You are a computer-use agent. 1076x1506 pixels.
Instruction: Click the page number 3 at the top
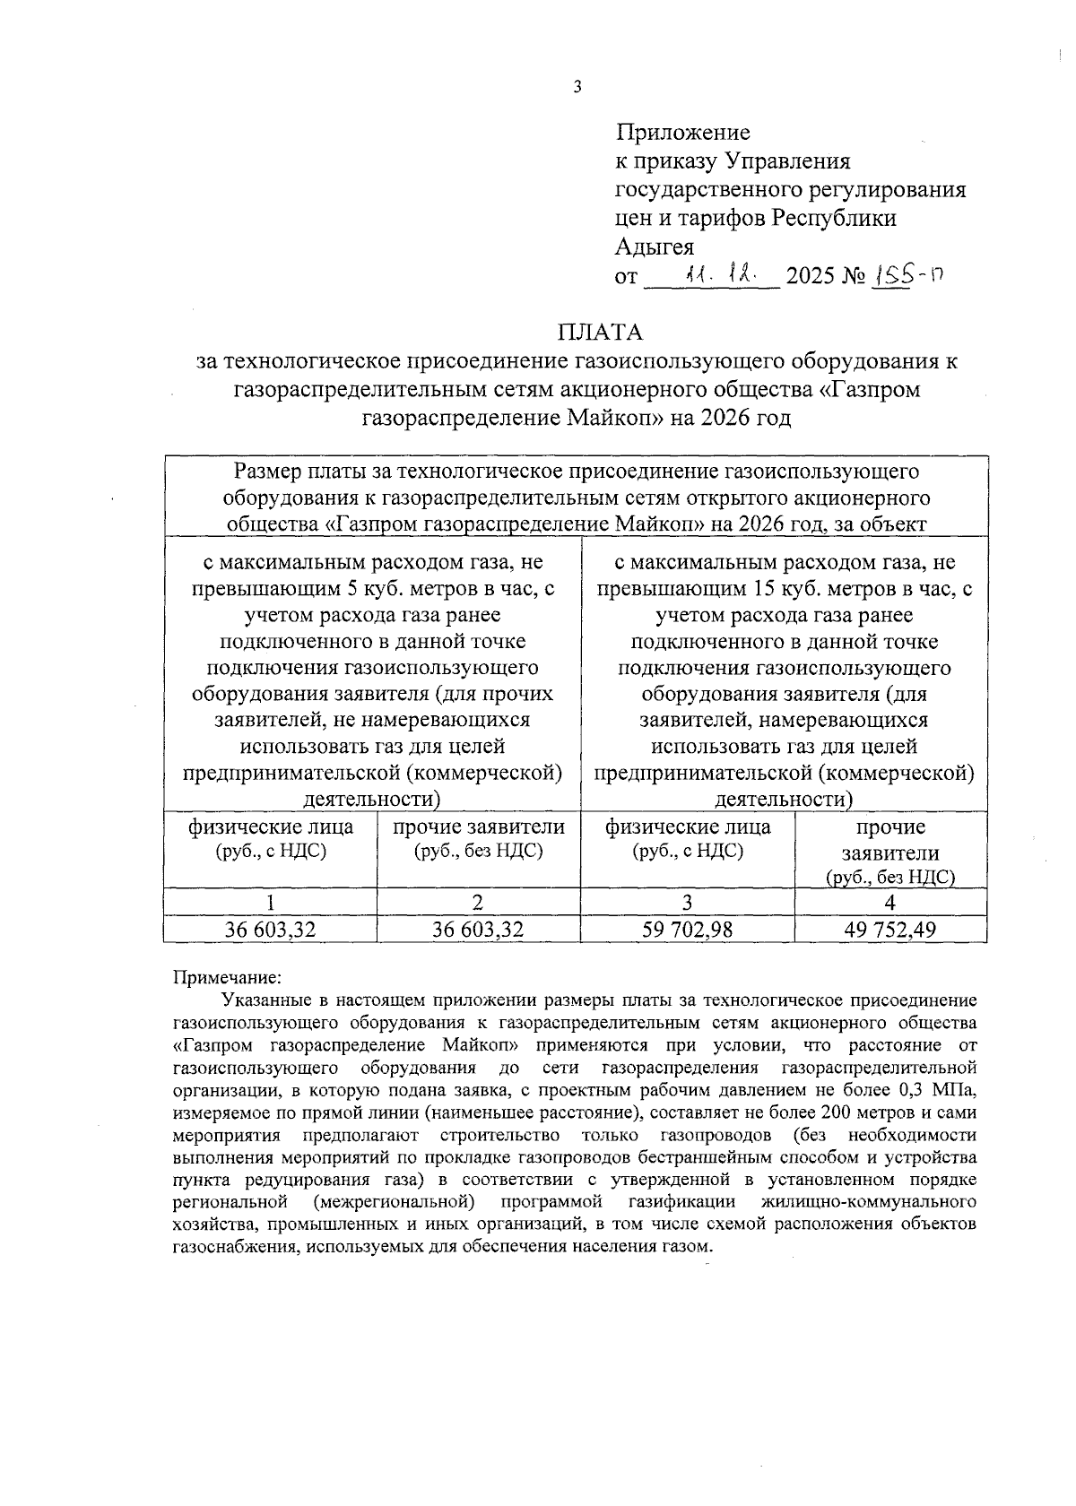pos(577,87)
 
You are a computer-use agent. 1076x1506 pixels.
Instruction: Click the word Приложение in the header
pos(682,133)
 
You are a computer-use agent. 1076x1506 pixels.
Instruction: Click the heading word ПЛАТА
pos(600,333)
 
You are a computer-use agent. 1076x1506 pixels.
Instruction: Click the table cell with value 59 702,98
pos(687,930)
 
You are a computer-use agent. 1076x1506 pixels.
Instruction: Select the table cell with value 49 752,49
pos(889,930)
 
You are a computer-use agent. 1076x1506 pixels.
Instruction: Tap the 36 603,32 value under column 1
pos(270,930)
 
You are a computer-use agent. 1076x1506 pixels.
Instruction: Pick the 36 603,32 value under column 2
pos(477,930)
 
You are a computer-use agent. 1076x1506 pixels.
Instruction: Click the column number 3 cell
pos(687,902)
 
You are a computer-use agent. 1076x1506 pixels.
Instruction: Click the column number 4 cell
pos(889,902)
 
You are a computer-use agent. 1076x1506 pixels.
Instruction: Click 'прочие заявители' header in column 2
pos(479,827)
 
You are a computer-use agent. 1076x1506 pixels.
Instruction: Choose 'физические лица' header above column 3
pos(687,827)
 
